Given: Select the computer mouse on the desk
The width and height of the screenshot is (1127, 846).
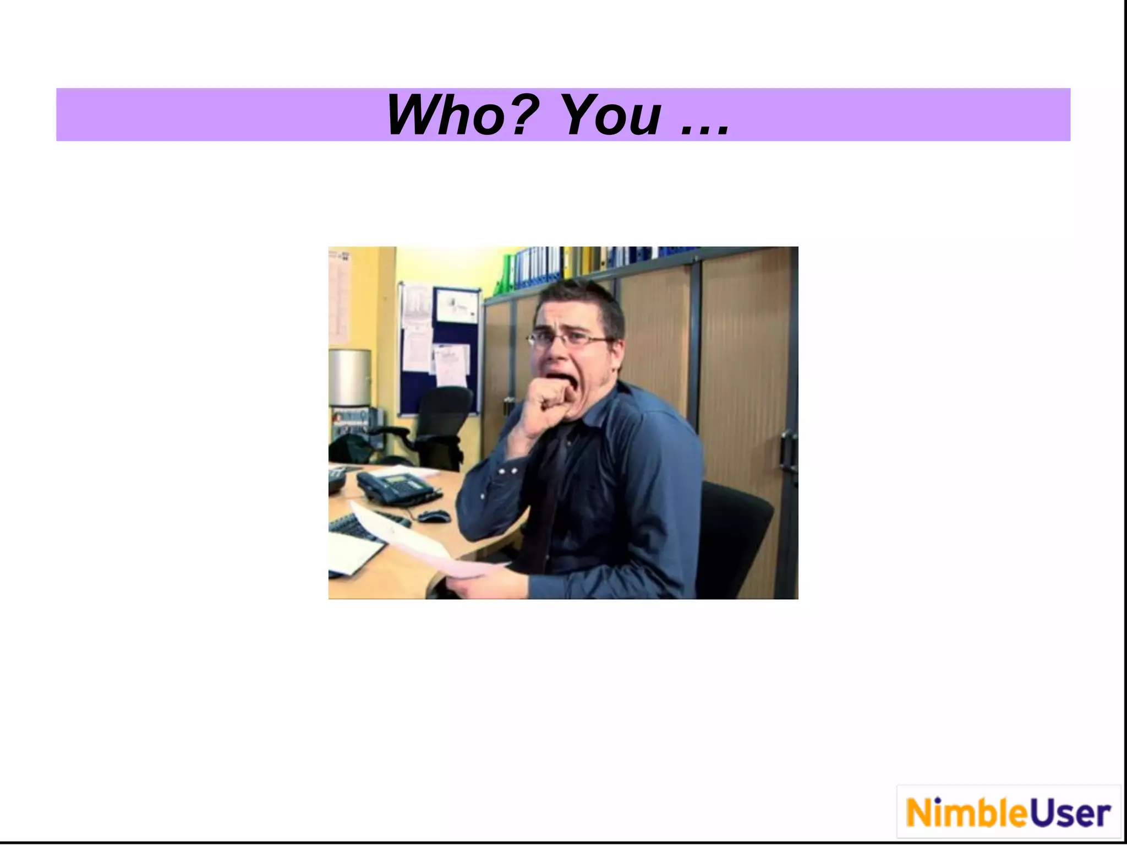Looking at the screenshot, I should (x=433, y=516).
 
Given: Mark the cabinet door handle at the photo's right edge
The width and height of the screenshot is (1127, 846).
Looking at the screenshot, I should (x=788, y=449).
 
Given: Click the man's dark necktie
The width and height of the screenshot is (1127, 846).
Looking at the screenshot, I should (x=550, y=496).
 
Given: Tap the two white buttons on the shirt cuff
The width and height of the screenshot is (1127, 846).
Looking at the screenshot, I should (x=507, y=471).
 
